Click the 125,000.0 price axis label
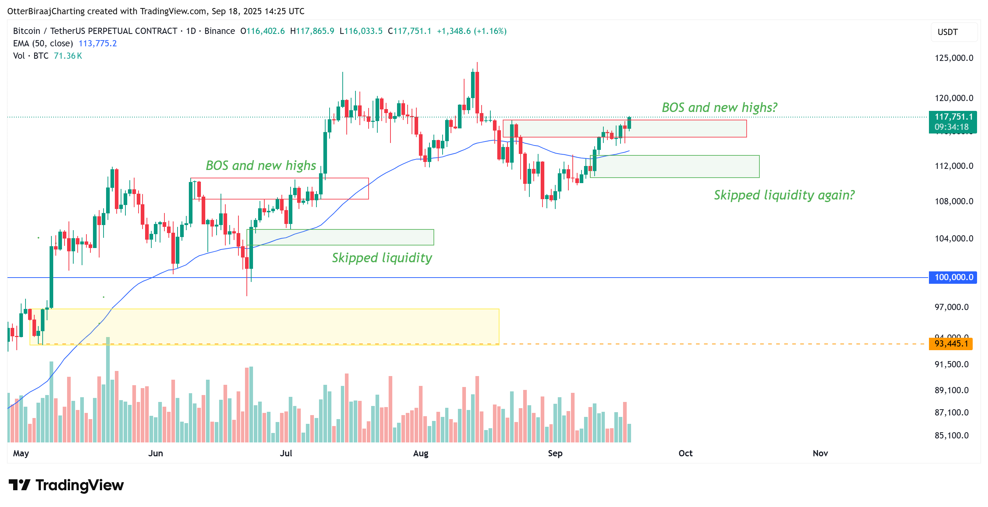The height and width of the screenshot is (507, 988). click(x=953, y=58)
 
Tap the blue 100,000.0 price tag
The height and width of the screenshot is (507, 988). click(x=953, y=277)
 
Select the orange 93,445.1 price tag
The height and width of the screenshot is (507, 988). click(x=951, y=344)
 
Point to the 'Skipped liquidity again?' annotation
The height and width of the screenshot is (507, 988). click(x=784, y=195)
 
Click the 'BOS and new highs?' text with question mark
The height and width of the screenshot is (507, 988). click(x=719, y=108)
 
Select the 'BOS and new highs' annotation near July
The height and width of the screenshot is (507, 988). click(x=261, y=166)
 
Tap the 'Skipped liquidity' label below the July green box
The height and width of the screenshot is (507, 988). click(x=382, y=258)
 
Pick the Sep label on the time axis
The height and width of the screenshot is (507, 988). click(x=555, y=453)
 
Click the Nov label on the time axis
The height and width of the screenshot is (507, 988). click(x=820, y=453)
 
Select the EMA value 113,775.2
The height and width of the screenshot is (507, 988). click(x=97, y=43)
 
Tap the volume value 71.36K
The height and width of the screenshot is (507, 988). click(x=68, y=56)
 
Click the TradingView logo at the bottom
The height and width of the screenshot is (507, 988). click(x=66, y=485)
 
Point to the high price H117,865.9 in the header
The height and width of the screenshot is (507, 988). click(x=312, y=31)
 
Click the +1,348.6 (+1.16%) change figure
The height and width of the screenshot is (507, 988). click(x=471, y=31)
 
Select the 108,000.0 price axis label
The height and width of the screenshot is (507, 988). click(x=953, y=201)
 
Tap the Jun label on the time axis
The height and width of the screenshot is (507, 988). click(x=155, y=453)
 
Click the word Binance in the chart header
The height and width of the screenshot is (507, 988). click(x=219, y=31)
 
